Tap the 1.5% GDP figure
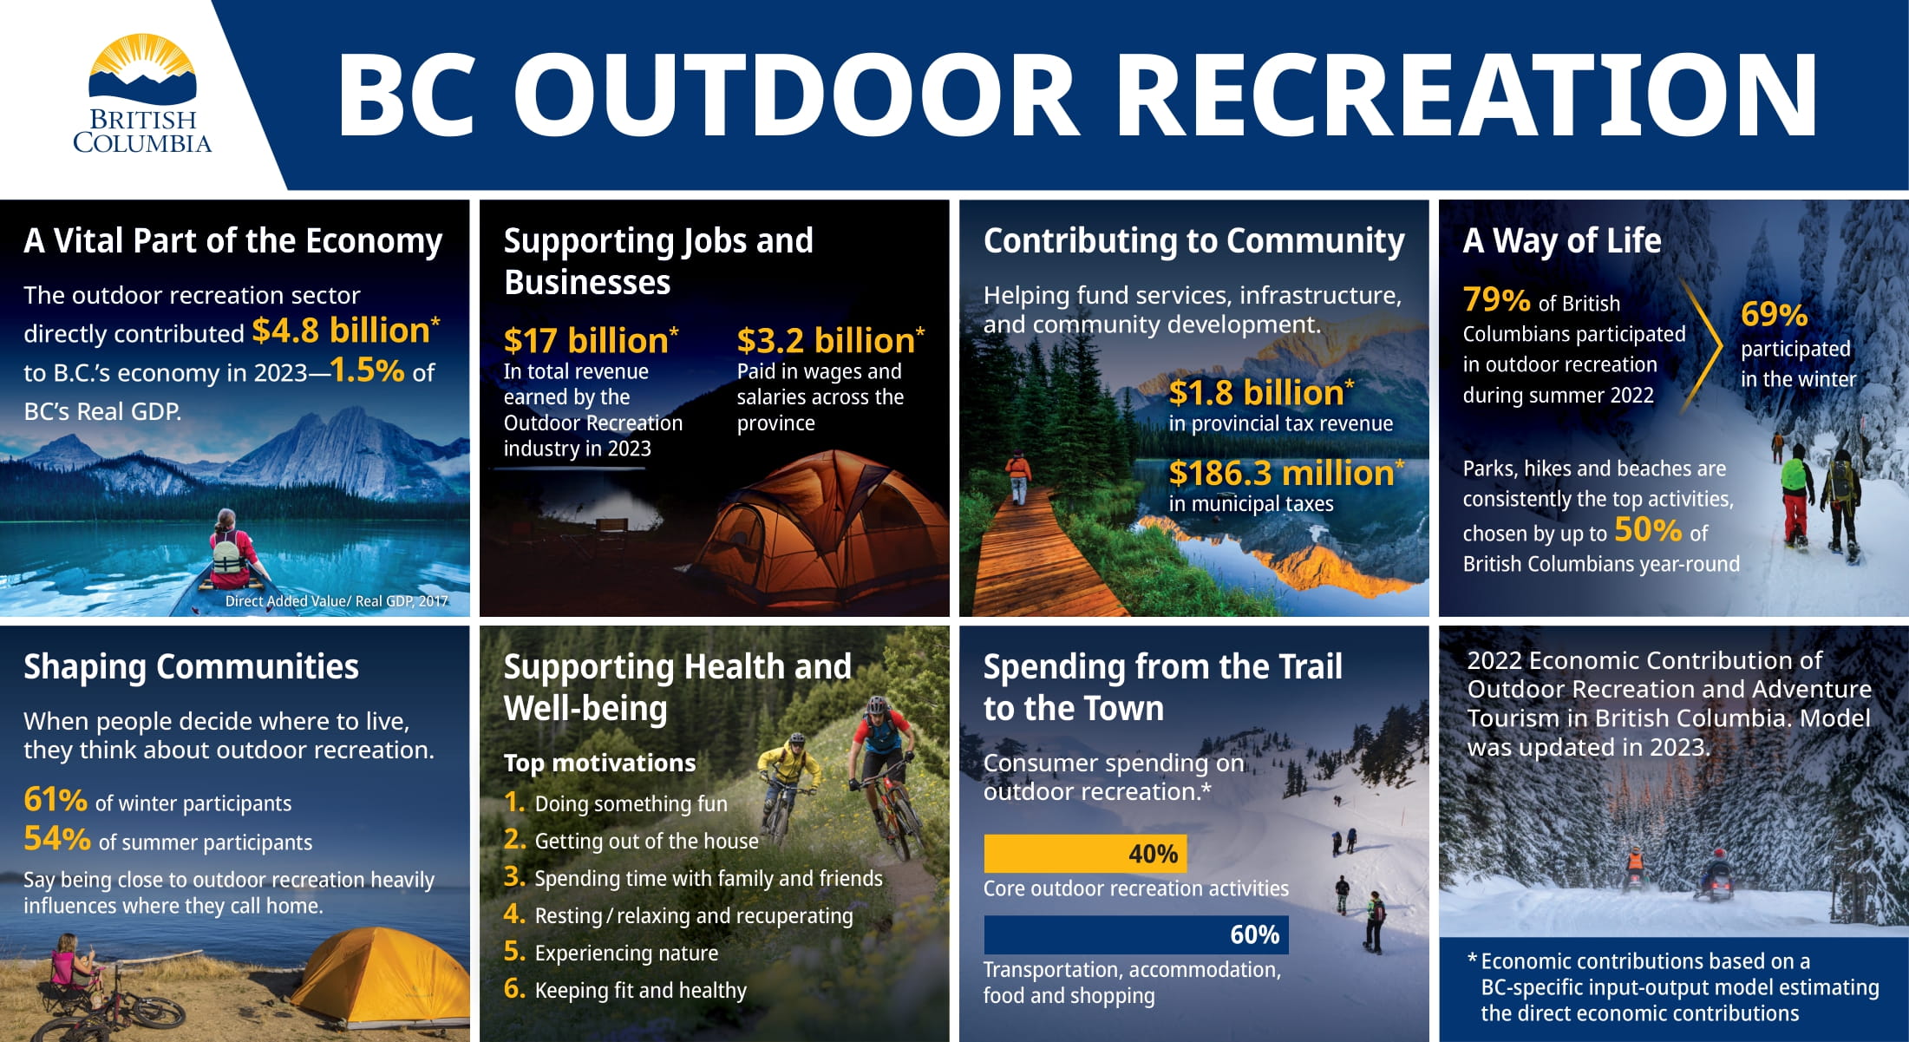(x=367, y=370)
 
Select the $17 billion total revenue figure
(x=591, y=340)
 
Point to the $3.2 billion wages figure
(x=831, y=340)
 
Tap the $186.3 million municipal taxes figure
(x=1286, y=473)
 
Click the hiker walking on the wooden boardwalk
(x=1018, y=478)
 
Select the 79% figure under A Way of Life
(x=1496, y=300)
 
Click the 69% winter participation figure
(x=1774, y=314)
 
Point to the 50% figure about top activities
(x=1647, y=529)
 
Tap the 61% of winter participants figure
(x=56, y=800)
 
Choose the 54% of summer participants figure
(x=57, y=839)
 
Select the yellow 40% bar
(x=1085, y=854)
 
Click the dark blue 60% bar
(x=1136, y=934)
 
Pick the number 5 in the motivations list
(x=514, y=951)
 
